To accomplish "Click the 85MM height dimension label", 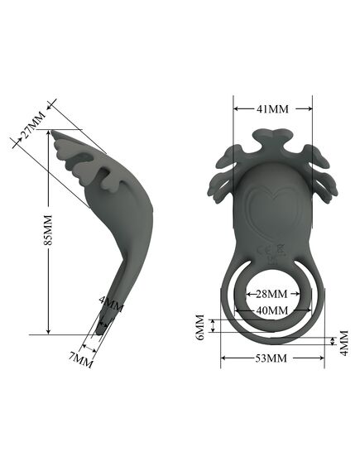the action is (x=48, y=230).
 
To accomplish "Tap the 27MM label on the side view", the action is (x=33, y=125).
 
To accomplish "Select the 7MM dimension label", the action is (x=81, y=360).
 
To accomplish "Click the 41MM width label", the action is (x=272, y=108).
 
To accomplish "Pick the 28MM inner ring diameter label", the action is (x=271, y=294).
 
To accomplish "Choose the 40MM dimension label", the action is (x=272, y=310).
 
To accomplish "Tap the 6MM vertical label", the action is (x=200, y=327).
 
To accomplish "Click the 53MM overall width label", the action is (x=271, y=358).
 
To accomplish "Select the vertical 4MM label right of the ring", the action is (x=344, y=343).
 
